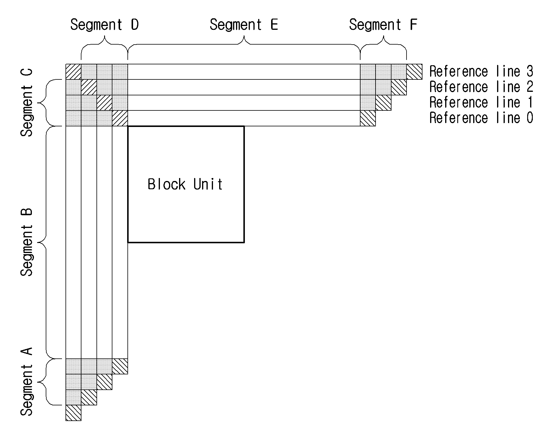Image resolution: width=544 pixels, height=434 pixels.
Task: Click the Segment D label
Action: point(104,25)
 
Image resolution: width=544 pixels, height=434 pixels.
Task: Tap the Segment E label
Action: point(244,25)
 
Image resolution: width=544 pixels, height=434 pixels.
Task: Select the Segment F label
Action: point(383,25)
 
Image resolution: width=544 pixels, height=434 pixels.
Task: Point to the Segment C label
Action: point(27,102)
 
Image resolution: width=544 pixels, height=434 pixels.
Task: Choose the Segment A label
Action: point(27,381)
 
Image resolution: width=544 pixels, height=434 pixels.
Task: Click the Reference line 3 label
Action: point(481,71)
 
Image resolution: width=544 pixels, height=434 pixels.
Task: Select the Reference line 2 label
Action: point(481,87)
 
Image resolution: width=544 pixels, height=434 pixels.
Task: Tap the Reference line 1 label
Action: point(481,102)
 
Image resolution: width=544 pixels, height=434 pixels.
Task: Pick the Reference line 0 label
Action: point(481,118)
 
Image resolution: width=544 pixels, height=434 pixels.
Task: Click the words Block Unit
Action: point(185,184)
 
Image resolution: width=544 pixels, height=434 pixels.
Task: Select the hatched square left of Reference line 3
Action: point(414,72)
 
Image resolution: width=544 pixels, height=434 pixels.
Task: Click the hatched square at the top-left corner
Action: point(73,72)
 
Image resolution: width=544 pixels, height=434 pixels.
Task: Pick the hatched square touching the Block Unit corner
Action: point(120,118)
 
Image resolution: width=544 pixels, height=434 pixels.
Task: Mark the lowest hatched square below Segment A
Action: point(73,413)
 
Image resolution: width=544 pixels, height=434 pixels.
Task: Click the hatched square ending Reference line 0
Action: point(368,118)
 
